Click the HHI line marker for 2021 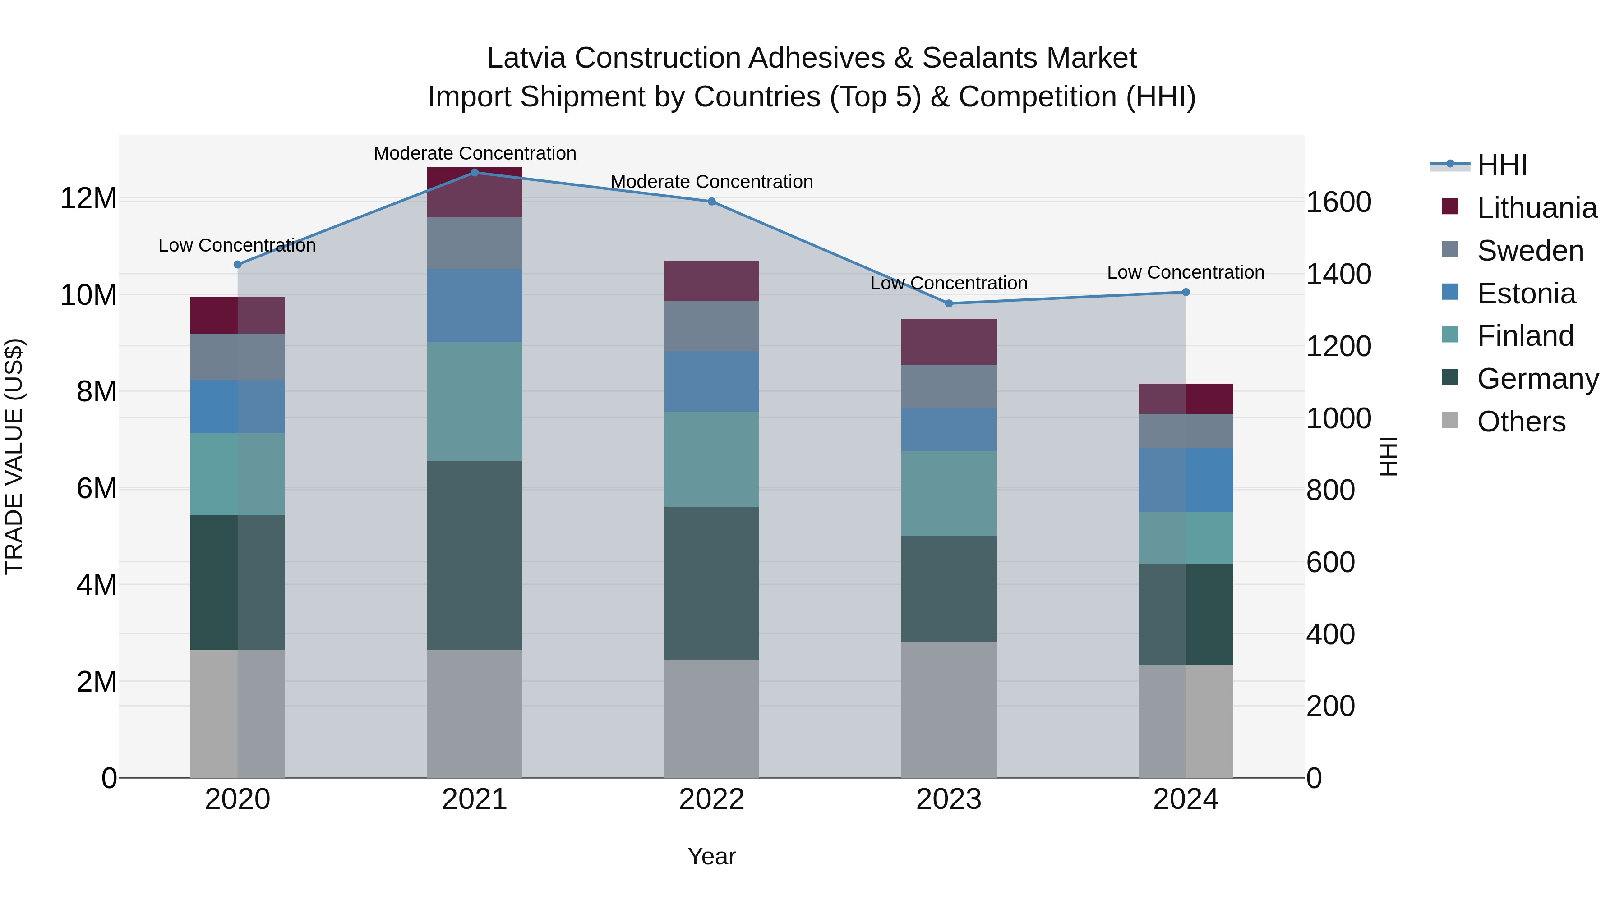[x=475, y=172]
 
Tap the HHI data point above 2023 [x=949, y=303]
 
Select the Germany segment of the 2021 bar [x=475, y=555]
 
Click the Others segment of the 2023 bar [x=949, y=710]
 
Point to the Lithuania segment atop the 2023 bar [x=949, y=341]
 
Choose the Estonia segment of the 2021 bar [x=475, y=306]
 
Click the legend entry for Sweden [x=1530, y=251]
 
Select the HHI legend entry [x=1502, y=165]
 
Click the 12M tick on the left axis [x=88, y=198]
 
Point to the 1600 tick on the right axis [x=1338, y=202]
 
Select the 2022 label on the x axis [x=712, y=799]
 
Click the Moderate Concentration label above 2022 [x=712, y=181]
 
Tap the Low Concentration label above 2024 [x=1185, y=272]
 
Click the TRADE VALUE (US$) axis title [x=14, y=456]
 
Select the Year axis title [x=712, y=856]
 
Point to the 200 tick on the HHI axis [x=1330, y=707]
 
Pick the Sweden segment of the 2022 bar [x=712, y=326]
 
